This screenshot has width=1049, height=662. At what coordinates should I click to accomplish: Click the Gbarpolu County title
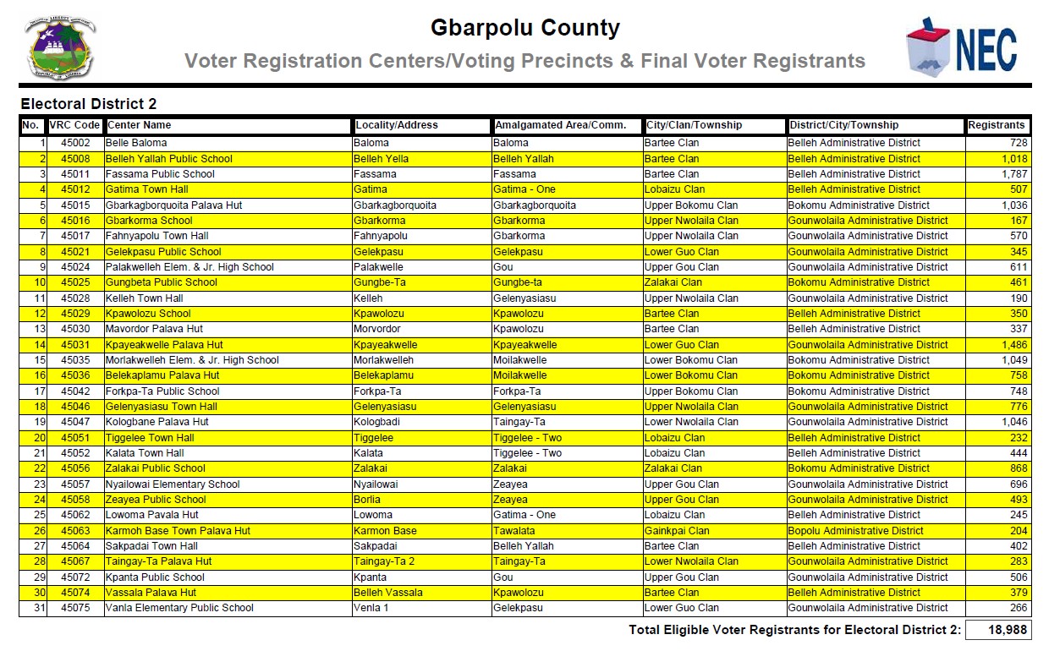(524, 28)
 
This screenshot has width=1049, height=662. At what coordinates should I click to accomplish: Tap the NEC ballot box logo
(960, 47)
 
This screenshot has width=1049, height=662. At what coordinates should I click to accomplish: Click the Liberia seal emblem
(59, 47)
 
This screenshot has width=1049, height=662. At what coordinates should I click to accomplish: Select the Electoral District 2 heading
(89, 104)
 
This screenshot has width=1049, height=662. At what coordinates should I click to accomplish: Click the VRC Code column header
(74, 125)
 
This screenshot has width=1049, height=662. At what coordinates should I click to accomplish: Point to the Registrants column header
(997, 125)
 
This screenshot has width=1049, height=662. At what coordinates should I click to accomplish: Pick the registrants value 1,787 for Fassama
(1014, 174)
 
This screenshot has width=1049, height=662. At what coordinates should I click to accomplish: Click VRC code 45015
(74, 205)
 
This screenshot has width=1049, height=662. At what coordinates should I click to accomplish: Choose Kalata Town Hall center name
(145, 453)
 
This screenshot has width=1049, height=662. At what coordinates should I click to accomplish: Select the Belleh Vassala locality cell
(387, 593)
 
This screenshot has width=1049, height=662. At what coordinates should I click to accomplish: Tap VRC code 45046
(74, 407)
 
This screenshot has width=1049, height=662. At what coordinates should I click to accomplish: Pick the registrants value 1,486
(1014, 345)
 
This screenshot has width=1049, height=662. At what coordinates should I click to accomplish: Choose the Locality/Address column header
(397, 125)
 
